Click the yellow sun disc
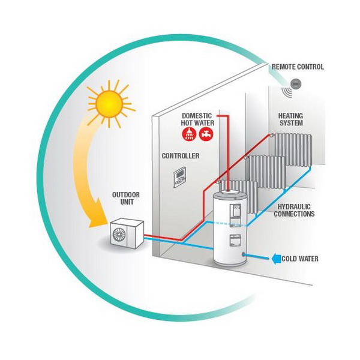pyautogui.click(x=109, y=104)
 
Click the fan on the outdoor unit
pyautogui.click(x=119, y=234)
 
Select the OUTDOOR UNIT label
pyautogui.click(x=126, y=199)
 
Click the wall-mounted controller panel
pyautogui.click(x=179, y=177)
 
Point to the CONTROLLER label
pyautogui.click(x=181, y=156)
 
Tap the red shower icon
pyautogui.click(x=189, y=134)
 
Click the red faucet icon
pyautogui.click(x=206, y=134)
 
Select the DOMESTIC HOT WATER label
pyautogui.click(x=197, y=119)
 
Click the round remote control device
pyautogui.click(x=295, y=83)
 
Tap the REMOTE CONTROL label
pyautogui.click(x=298, y=67)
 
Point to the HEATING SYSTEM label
pyautogui.click(x=290, y=119)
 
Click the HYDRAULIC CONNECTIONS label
pyautogui.click(x=294, y=211)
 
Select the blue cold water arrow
pyautogui.click(x=276, y=259)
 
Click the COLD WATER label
pyautogui.click(x=300, y=259)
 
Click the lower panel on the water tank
pyautogui.click(x=235, y=241)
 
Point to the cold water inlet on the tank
pyautogui.click(x=244, y=254)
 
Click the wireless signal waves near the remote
pyautogui.click(x=287, y=92)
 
